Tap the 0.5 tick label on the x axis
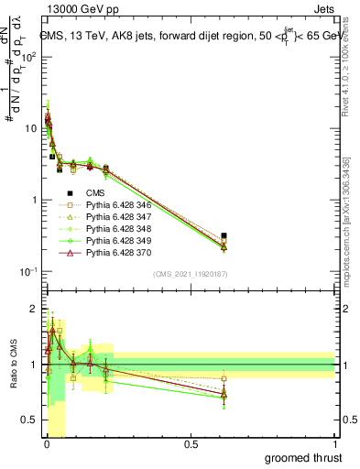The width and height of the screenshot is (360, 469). (191, 444)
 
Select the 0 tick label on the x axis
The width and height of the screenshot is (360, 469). (47, 444)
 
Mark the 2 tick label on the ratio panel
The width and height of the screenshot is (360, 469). (33, 309)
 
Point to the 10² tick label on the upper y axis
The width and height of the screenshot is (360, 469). (28, 56)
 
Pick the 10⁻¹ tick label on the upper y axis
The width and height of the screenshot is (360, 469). (28, 271)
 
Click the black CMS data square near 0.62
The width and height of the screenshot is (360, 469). (224, 235)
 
